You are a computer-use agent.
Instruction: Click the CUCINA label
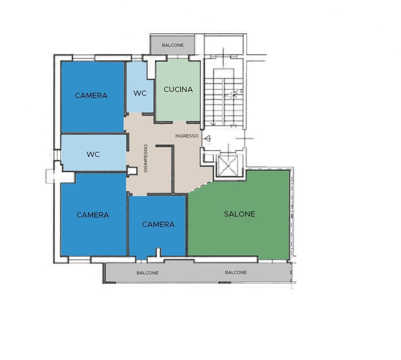(x=178, y=90)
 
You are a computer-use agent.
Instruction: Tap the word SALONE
(x=240, y=214)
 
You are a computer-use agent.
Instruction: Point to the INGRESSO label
(x=187, y=136)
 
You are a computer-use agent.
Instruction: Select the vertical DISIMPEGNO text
(x=146, y=158)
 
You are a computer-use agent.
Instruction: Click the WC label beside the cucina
(x=140, y=93)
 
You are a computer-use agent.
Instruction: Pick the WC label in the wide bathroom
(x=93, y=154)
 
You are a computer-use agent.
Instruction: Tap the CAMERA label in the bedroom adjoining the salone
(x=158, y=224)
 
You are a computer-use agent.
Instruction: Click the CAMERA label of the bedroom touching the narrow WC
(x=91, y=95)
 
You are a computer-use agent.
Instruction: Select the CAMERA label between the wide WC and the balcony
(x=92, y=215)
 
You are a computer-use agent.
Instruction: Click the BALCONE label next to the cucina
(x=173, y=45)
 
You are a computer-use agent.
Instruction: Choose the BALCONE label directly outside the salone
(x=236, y=273)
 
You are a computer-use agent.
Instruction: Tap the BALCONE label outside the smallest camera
(x=147, y=273)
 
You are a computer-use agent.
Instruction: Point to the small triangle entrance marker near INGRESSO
(x=208, y=139)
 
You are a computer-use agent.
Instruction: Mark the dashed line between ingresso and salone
(x=200, y=187)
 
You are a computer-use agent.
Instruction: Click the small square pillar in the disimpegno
(x=132, y=171)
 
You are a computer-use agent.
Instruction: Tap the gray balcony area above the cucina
(x=173, y=45)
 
